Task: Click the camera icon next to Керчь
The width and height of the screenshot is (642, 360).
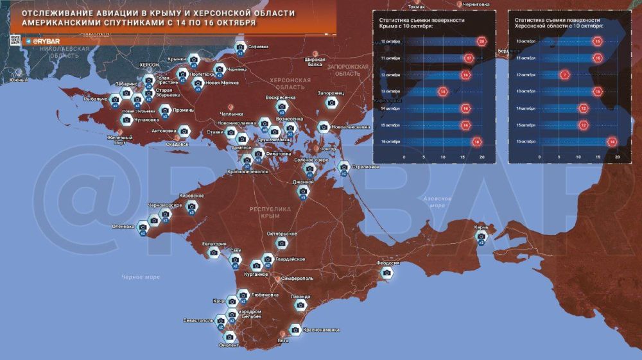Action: (481, 236)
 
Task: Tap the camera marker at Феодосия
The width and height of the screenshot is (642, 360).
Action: (386, 273)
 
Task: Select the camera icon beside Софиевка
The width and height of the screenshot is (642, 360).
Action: (240, 47)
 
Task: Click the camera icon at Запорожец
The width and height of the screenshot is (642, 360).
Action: (331, 102)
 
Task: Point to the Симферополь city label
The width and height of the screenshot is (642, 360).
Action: (297, 279)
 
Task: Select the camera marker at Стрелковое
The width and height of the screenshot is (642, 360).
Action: (344, 167)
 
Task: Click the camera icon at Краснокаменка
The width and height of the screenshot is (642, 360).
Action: (295, 329)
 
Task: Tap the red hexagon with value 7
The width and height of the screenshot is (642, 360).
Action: (565, 74)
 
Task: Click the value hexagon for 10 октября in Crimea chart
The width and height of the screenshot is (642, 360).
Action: (482, 42)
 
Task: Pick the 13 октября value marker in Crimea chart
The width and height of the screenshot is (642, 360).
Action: (443, 92)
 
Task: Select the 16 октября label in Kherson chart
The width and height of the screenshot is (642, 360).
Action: (526, 141)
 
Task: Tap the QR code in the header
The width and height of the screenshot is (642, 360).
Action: (14, 40)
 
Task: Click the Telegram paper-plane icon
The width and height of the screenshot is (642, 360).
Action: (28, 41)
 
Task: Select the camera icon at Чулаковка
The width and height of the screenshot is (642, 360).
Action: (126, 119)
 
